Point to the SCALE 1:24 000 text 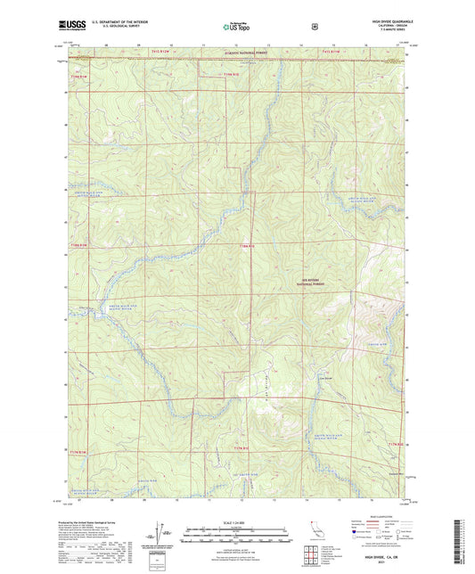click(237, 521)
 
